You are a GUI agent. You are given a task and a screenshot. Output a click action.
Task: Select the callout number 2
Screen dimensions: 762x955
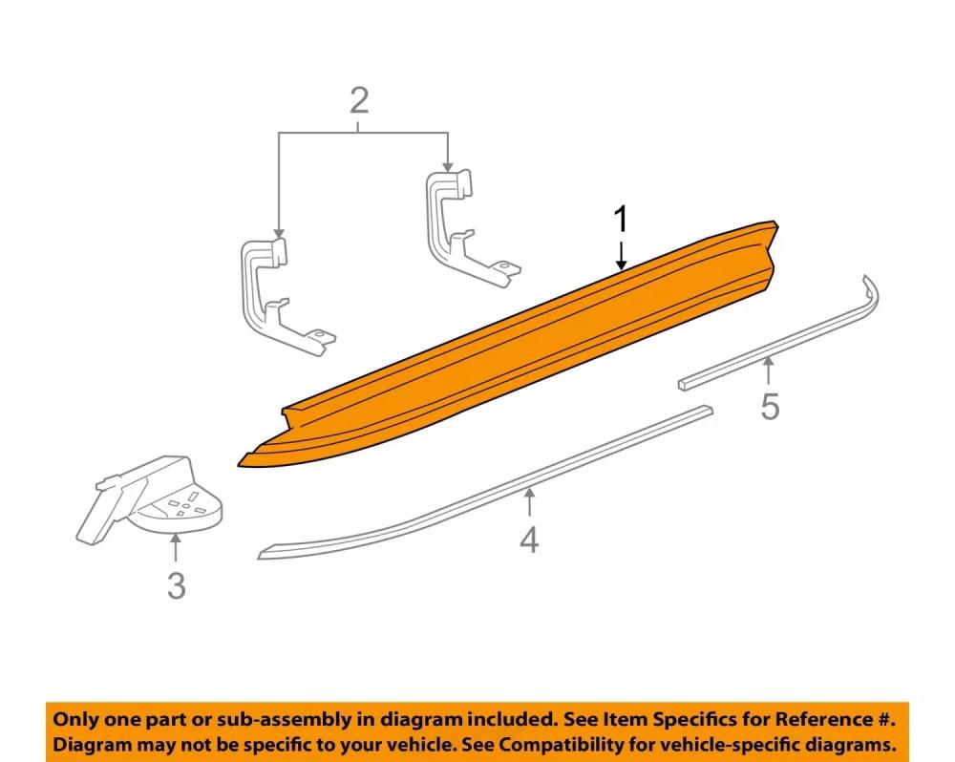358,99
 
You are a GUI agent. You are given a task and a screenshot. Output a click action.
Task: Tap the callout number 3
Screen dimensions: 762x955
176,584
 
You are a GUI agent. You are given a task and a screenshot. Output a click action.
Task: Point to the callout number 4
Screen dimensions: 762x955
529,540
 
